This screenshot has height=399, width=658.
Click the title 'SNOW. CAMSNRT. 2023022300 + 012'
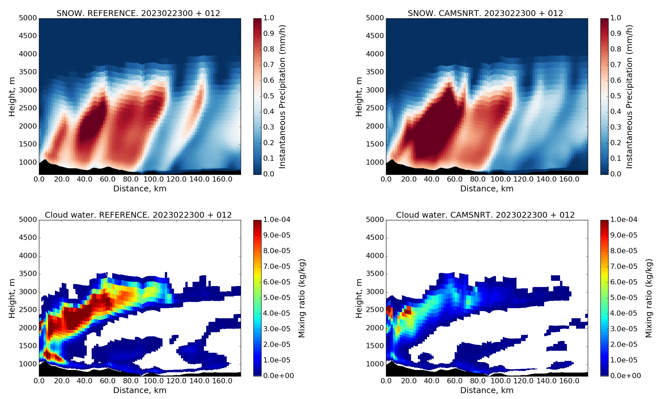click(x=485, y=13)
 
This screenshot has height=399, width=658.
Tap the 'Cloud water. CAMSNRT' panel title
click(x=485, y=215)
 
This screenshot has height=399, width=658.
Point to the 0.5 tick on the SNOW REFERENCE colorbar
click(x=269, y=96)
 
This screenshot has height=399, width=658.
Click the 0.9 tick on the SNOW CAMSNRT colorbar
click(x=616, y=33)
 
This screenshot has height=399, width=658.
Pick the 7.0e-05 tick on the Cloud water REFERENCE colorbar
click(x=277, y=266)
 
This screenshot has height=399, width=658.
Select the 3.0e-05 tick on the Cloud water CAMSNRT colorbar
click(x=624, y=329)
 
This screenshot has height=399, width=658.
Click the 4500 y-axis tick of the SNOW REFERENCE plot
click(x=28, y=36)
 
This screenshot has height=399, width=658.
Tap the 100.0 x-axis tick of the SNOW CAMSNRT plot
click(x=501, y=179)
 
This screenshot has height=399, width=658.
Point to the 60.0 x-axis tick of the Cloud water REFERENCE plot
click(x=107, y=381)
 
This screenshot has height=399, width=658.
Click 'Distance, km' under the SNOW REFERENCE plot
click(x=140, y=189)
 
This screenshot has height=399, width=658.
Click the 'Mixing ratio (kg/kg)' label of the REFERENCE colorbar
click(x=301, y=298)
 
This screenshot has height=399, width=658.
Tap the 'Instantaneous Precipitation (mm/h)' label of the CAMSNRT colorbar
click(x=629, y=97)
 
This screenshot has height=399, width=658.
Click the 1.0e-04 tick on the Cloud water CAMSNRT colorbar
click(x=624, y=220)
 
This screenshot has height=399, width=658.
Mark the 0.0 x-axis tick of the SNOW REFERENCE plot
click(x=39, y=179)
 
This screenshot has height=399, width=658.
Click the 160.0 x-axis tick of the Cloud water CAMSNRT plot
click(x=569, y=381)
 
